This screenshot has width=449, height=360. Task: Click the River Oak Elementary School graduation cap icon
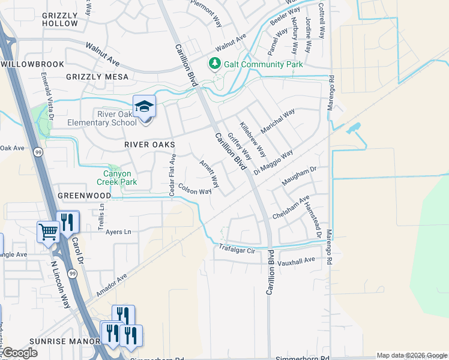[144, 107]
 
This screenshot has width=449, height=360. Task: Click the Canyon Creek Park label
[116, 178]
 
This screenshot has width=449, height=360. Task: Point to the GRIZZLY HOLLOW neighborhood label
[60, 19]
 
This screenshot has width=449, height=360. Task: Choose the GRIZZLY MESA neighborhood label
[97, 77]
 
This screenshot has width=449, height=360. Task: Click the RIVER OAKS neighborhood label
[149, 145]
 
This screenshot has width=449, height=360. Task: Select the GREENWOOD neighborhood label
[84, 196]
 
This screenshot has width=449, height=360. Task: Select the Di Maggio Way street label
[273, 161]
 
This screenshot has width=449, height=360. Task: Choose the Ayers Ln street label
[118, 232]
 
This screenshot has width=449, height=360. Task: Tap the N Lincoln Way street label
[61, 282]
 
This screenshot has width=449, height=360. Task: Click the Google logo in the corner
[20, 353]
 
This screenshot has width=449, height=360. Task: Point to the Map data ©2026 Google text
[411, 355]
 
